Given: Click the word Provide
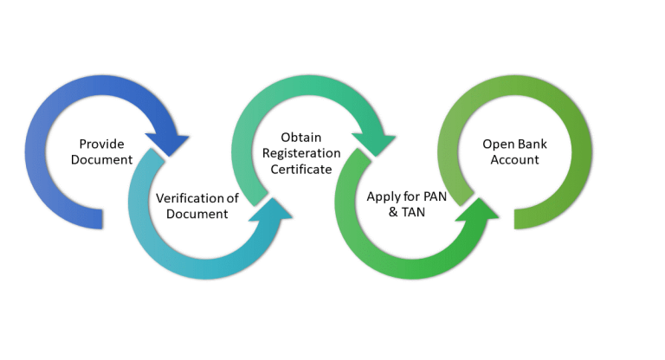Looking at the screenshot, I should (x=102, y=144).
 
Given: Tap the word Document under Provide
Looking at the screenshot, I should (x=102, y=160).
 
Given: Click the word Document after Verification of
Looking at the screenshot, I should (x=198, y=214).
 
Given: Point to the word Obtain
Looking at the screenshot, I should (x=301, y=138).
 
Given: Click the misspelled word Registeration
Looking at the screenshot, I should (x=302, y=153).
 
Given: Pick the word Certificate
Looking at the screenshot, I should (x=302, y=170).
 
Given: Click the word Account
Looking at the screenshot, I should (x=514, y=160).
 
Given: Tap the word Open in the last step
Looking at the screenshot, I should (x=498, y=144).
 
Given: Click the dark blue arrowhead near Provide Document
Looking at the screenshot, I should (x=173, y=141).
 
